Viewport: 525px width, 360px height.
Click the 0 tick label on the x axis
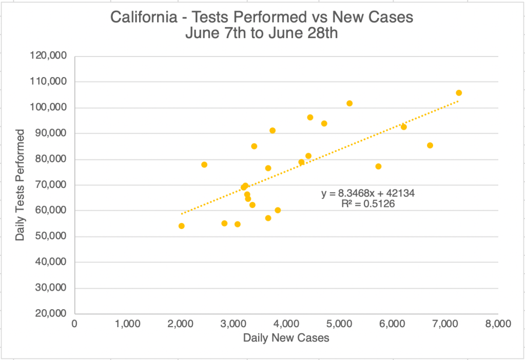tap(75, 325)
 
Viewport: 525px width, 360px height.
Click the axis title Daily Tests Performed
tap(20, 185)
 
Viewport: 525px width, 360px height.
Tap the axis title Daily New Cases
tap(286, 338)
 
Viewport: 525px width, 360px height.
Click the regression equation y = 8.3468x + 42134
tap(367, 194)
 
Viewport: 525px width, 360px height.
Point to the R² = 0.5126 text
tap(367, 204)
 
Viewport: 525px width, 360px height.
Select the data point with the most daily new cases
tap(459, 93)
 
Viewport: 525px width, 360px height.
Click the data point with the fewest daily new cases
tap(181, 226)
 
